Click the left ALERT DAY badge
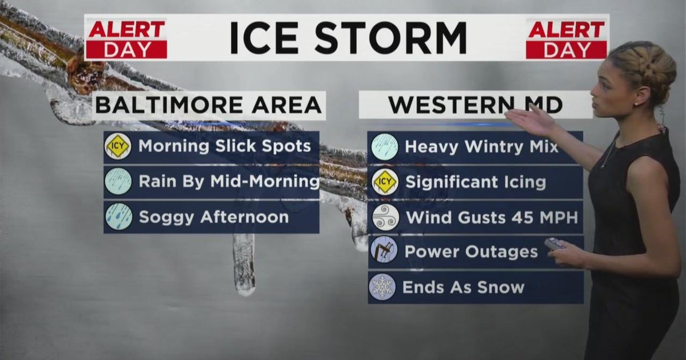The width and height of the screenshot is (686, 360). click(127, 39)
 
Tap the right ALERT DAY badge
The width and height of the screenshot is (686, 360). click(567, 39)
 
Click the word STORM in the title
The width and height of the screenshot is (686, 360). click(390, 38)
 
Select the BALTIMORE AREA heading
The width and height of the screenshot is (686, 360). click(209, 105)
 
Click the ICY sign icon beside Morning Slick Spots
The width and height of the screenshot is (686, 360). click(118, 146)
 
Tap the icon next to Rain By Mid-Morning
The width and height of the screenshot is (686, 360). click(118, 182)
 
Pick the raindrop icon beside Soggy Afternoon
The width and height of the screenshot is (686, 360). click(118, 217)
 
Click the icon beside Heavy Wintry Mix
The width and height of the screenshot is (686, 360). click(384, 147)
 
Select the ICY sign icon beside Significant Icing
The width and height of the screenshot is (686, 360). click(384, 182)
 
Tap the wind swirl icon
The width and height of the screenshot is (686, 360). click(384, 217)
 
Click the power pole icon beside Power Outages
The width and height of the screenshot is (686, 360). click(384, 251)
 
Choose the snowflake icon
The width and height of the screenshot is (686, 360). click(383, 287)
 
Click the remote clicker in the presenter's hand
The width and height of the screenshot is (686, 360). click(555, 244)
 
